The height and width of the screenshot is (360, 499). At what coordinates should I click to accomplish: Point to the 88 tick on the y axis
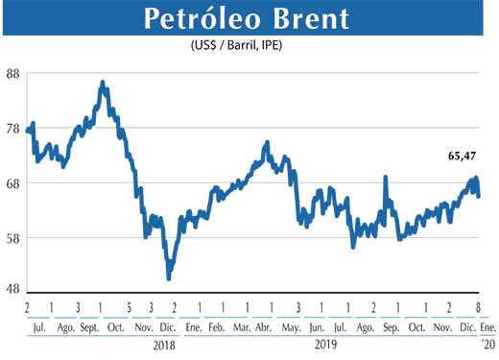[13, 75]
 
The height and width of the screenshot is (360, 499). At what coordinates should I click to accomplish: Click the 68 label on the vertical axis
[13, 183]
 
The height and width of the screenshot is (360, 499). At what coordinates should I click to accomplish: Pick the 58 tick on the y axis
[13, 237]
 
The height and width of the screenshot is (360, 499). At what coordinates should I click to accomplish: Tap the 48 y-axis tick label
[13, 290]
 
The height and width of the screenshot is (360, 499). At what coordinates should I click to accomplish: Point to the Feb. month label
[217, 328]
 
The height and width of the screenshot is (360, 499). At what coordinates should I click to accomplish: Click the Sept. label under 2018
[89, 328]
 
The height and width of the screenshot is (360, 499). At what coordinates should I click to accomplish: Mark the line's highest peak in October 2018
[103, 84]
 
